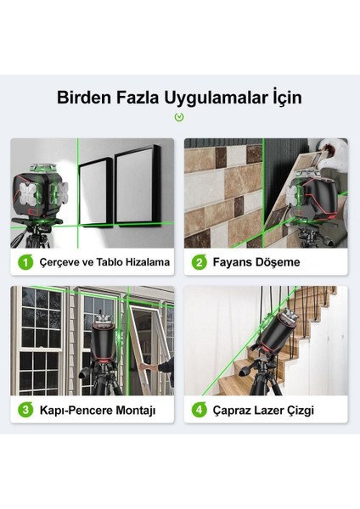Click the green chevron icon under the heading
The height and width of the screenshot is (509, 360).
pos(179,117)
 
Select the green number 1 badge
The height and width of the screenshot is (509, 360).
pos(26,262)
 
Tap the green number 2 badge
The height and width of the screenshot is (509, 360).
pos(201,262)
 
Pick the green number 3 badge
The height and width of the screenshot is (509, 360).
pos(26,410)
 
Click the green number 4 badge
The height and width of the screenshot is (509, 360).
pos(201,410)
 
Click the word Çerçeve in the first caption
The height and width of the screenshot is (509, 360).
pos(59,262)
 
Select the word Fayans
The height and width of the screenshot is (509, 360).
pos(237,262)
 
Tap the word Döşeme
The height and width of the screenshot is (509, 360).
pos(281,262)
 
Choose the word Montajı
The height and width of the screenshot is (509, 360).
pos(136,411)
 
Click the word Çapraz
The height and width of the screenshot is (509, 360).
pos(237,411)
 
